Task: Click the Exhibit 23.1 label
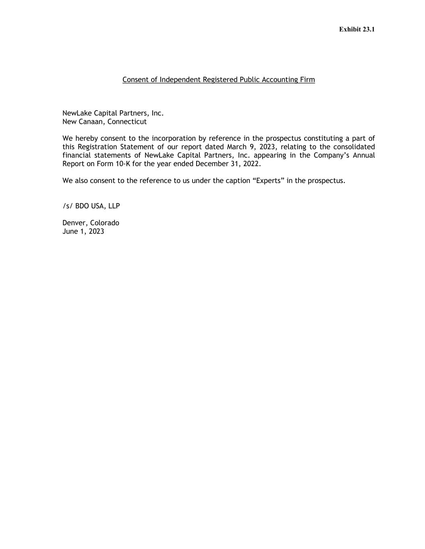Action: click(357, 29)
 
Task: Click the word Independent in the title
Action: click(180, 80)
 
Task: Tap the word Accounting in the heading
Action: click(280, 80)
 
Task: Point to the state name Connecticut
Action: click(127, 121)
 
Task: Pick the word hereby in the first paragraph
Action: click(87, 138)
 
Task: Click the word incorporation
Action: click(174, 138)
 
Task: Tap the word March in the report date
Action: click(236, 147)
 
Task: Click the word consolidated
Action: click(354, 147)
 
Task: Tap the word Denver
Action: click(75, 223)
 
